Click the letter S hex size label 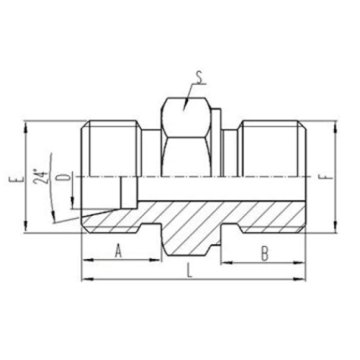pos(199,76)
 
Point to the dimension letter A pos(118,252)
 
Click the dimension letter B pos(265,252)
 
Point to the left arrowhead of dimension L pos(85,280)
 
